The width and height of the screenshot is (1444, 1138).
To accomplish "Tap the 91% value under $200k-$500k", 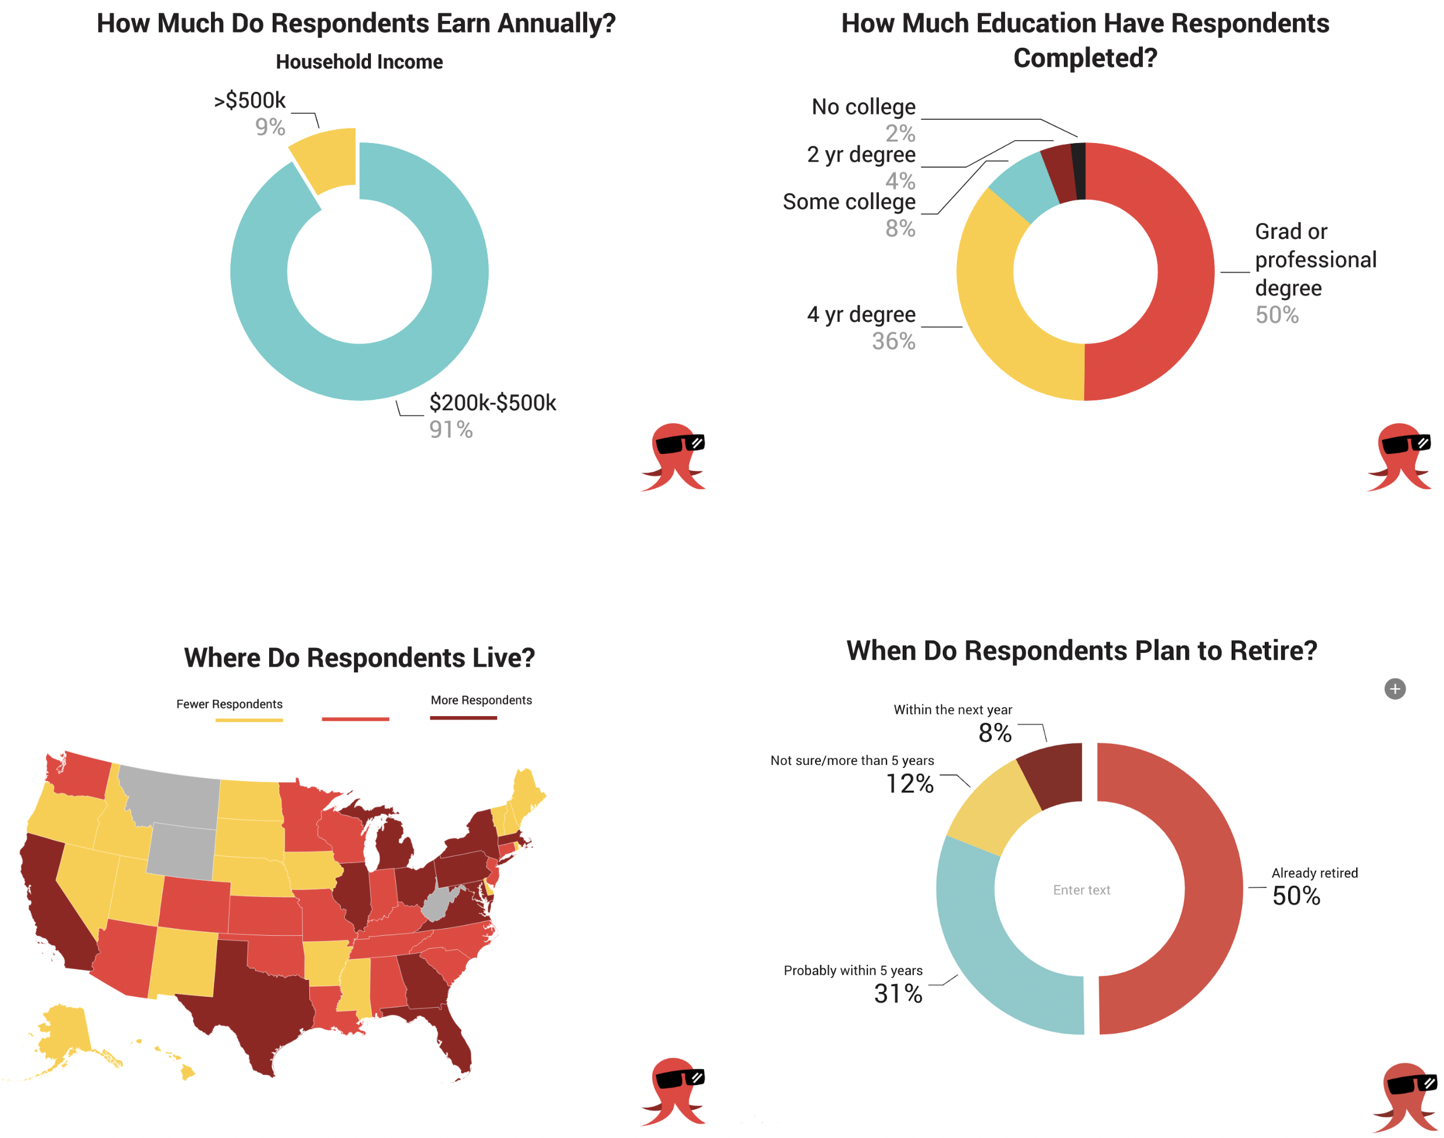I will pos(451,430).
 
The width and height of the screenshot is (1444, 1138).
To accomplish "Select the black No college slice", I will pos(1079,171).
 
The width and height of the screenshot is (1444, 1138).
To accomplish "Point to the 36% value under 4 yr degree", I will pos(893,341).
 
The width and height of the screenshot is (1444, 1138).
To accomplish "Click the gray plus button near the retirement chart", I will pos(1394,688).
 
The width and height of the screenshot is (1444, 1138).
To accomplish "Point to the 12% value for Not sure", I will pos(909,783).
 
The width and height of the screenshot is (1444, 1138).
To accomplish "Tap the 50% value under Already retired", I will pos(1295,896).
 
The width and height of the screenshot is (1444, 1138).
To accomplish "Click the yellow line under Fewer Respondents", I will pos(249,720).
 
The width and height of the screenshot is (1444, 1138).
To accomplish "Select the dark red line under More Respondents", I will pos(463,718).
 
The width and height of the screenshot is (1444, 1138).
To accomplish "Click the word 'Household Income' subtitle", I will pos(359,62).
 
